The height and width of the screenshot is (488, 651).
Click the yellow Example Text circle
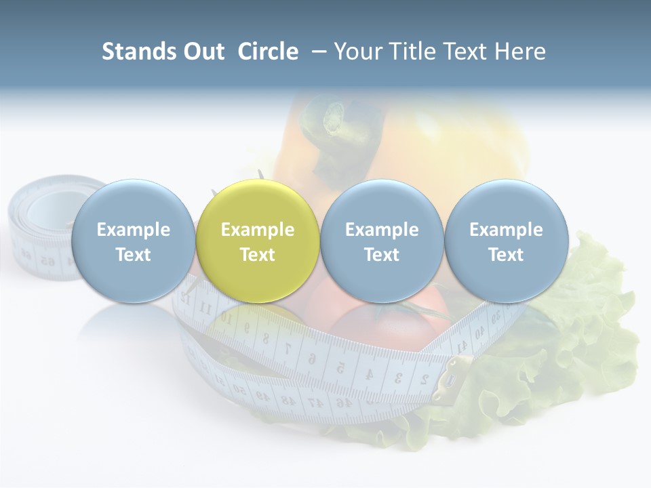tap(257, 241)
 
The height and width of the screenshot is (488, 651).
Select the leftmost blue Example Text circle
tap(133, 241)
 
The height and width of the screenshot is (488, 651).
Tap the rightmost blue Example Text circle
tap(506, 241)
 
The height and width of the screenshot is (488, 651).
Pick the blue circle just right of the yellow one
tap(381, 241)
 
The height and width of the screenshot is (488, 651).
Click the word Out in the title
tap(205, 52)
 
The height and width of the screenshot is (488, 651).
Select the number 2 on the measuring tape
tap(424, 378)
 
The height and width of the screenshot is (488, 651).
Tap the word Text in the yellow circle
tap(257, 255)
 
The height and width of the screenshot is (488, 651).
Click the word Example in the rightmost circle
tap(506, 230)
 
